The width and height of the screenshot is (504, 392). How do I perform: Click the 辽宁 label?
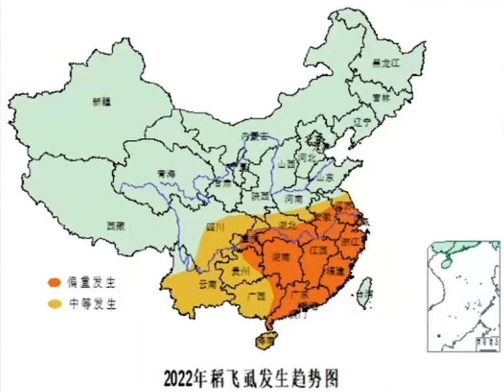click(361, 122)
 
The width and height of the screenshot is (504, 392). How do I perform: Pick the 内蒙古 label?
click(254, 136)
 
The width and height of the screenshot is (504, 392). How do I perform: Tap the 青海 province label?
click(167, 174)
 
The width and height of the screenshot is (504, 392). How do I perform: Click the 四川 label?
click(215, 227)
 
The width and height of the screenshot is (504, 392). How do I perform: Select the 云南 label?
click(207, 285)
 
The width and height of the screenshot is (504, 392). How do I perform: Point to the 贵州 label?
click(241, 271)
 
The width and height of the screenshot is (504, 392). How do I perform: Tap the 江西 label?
click(318, 250)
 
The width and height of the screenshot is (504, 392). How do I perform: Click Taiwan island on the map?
click(366, 289)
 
